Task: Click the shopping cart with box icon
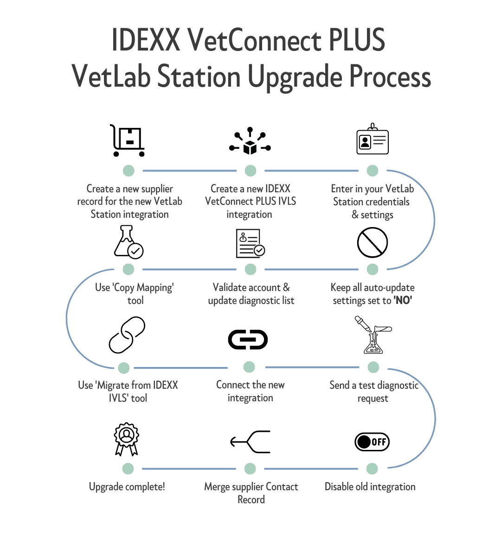click(x=128, y=140)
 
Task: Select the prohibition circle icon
click(x=373, y=242)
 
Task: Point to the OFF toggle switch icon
click(x=372, y=442)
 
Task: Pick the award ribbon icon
click(x=127, y=439)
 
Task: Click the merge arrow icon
click(x=250, y=442)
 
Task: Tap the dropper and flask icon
click(x=373, y=335)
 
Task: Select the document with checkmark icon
click(x=250, y=243)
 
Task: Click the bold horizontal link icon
click(x=248, y=339)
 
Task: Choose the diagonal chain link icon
click(x=127, y=335)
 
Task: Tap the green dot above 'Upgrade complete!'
click(x=128, y=468)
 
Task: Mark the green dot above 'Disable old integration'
click(x=372, y=468)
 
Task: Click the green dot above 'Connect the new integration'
click(x=249, y=367)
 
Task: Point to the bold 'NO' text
click(x=403, y=300)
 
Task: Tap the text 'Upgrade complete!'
click(x=127, y=486)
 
